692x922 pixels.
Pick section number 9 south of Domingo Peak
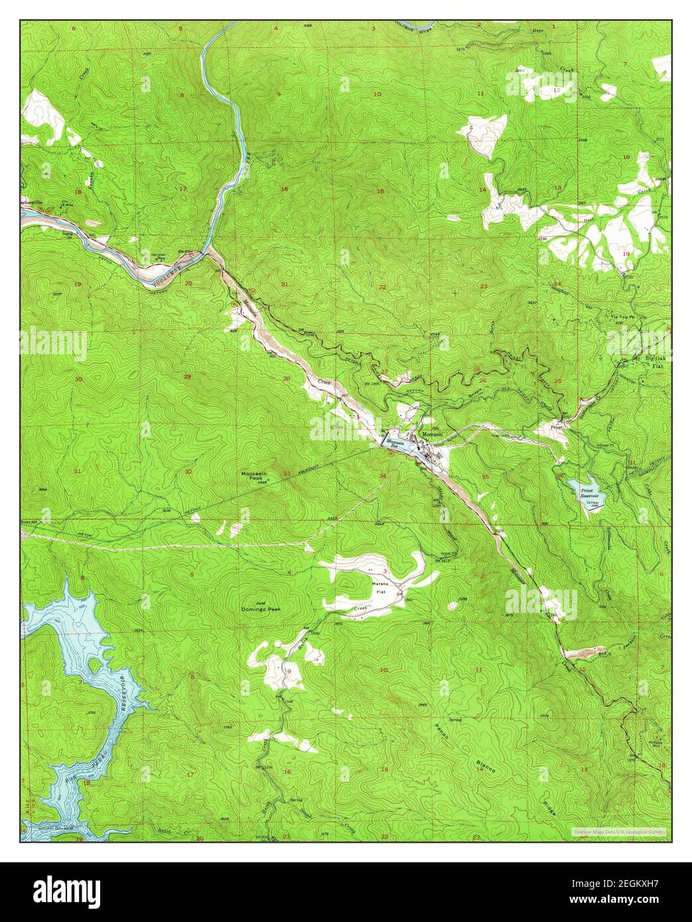pos(289,671)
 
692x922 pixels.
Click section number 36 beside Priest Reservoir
pos(561,475)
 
